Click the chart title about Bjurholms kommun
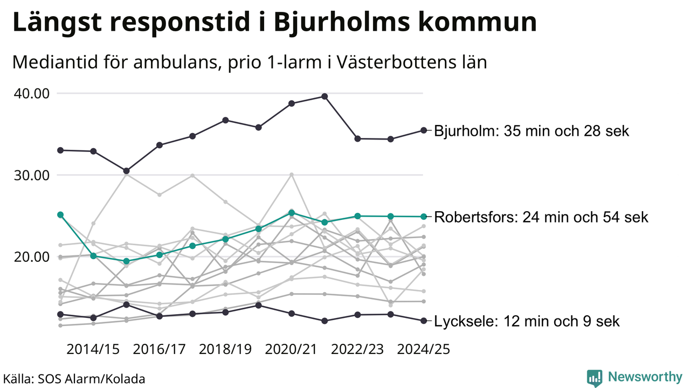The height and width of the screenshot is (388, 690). (274, 23)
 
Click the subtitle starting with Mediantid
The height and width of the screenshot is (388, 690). (249, 63)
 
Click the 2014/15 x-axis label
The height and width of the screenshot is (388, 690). (93, 349)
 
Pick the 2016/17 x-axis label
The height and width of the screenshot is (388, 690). (160, 349)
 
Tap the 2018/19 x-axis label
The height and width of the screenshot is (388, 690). (225, 349)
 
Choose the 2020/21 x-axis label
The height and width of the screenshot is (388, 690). (292, 349)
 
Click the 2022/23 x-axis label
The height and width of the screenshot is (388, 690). (357, 349)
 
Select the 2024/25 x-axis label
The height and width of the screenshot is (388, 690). (423, 349)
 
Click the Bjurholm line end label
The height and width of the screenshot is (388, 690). (532, 131)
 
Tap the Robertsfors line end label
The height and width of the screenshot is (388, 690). (541, 217)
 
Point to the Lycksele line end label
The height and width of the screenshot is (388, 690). (527, 322)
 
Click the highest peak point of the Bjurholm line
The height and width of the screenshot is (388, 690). (325, 96)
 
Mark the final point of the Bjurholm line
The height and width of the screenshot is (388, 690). (424, 130)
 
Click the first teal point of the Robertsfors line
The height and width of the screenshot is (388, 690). (60, 214)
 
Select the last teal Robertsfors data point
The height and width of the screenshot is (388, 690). (424, 217)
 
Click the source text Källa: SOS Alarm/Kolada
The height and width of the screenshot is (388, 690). (74, 379)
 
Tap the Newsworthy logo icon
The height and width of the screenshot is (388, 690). (595, 378)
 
